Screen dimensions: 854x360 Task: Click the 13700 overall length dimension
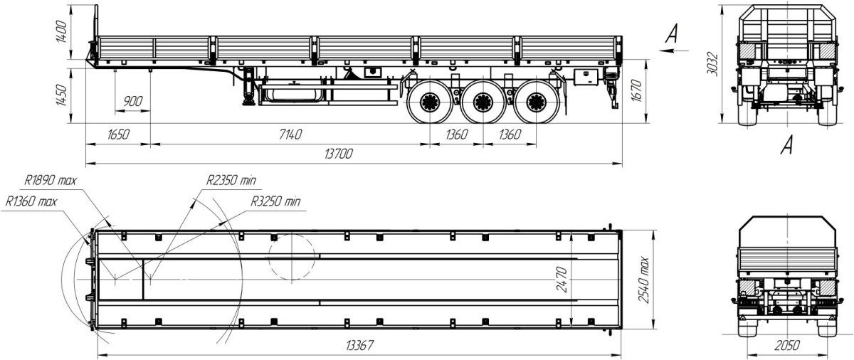point(339,154)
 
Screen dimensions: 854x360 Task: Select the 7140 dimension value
point(290,134)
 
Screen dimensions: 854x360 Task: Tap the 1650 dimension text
point(118,134)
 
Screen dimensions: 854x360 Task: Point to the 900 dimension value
point(132,101)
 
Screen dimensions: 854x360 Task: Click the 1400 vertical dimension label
point(61,32)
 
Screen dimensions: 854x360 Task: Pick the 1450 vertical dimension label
point(61,95)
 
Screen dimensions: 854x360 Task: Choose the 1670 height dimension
point(637,90)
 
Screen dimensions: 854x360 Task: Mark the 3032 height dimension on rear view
point(712,64)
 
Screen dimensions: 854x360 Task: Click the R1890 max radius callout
point(51,180)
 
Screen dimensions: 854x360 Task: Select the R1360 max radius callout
point(31,201)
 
